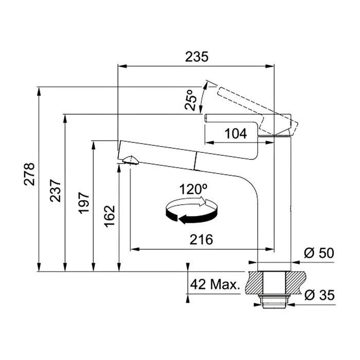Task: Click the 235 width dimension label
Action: point(197,57)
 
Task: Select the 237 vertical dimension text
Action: point(56,191)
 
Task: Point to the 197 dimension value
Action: point(84,203)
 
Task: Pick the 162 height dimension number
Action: point(110,216)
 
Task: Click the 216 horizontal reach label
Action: point(201,240)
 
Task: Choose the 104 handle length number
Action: point(236,134)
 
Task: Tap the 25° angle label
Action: point(191,100)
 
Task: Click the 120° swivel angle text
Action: point(193,189)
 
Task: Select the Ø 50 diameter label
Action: point(319,253)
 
